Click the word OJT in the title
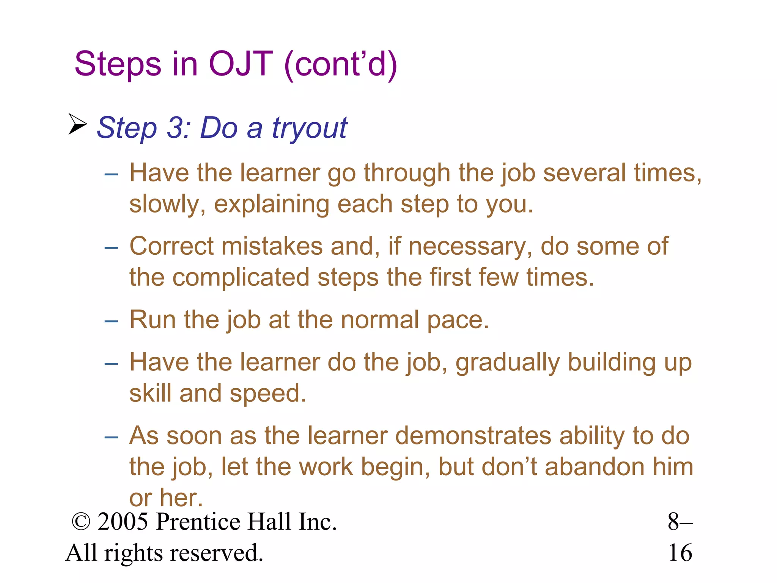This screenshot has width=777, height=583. [241, 64]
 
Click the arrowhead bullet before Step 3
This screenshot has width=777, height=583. [78, 124]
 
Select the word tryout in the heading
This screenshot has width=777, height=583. [309, 128]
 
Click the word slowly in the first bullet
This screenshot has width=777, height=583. [167, 205]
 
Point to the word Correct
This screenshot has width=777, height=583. [171, 246]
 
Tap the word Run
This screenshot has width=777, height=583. [152, 320]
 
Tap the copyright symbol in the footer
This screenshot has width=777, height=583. [81, 522]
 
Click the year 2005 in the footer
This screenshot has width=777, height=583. [123, 522]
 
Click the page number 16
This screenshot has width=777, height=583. [680, 553]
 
